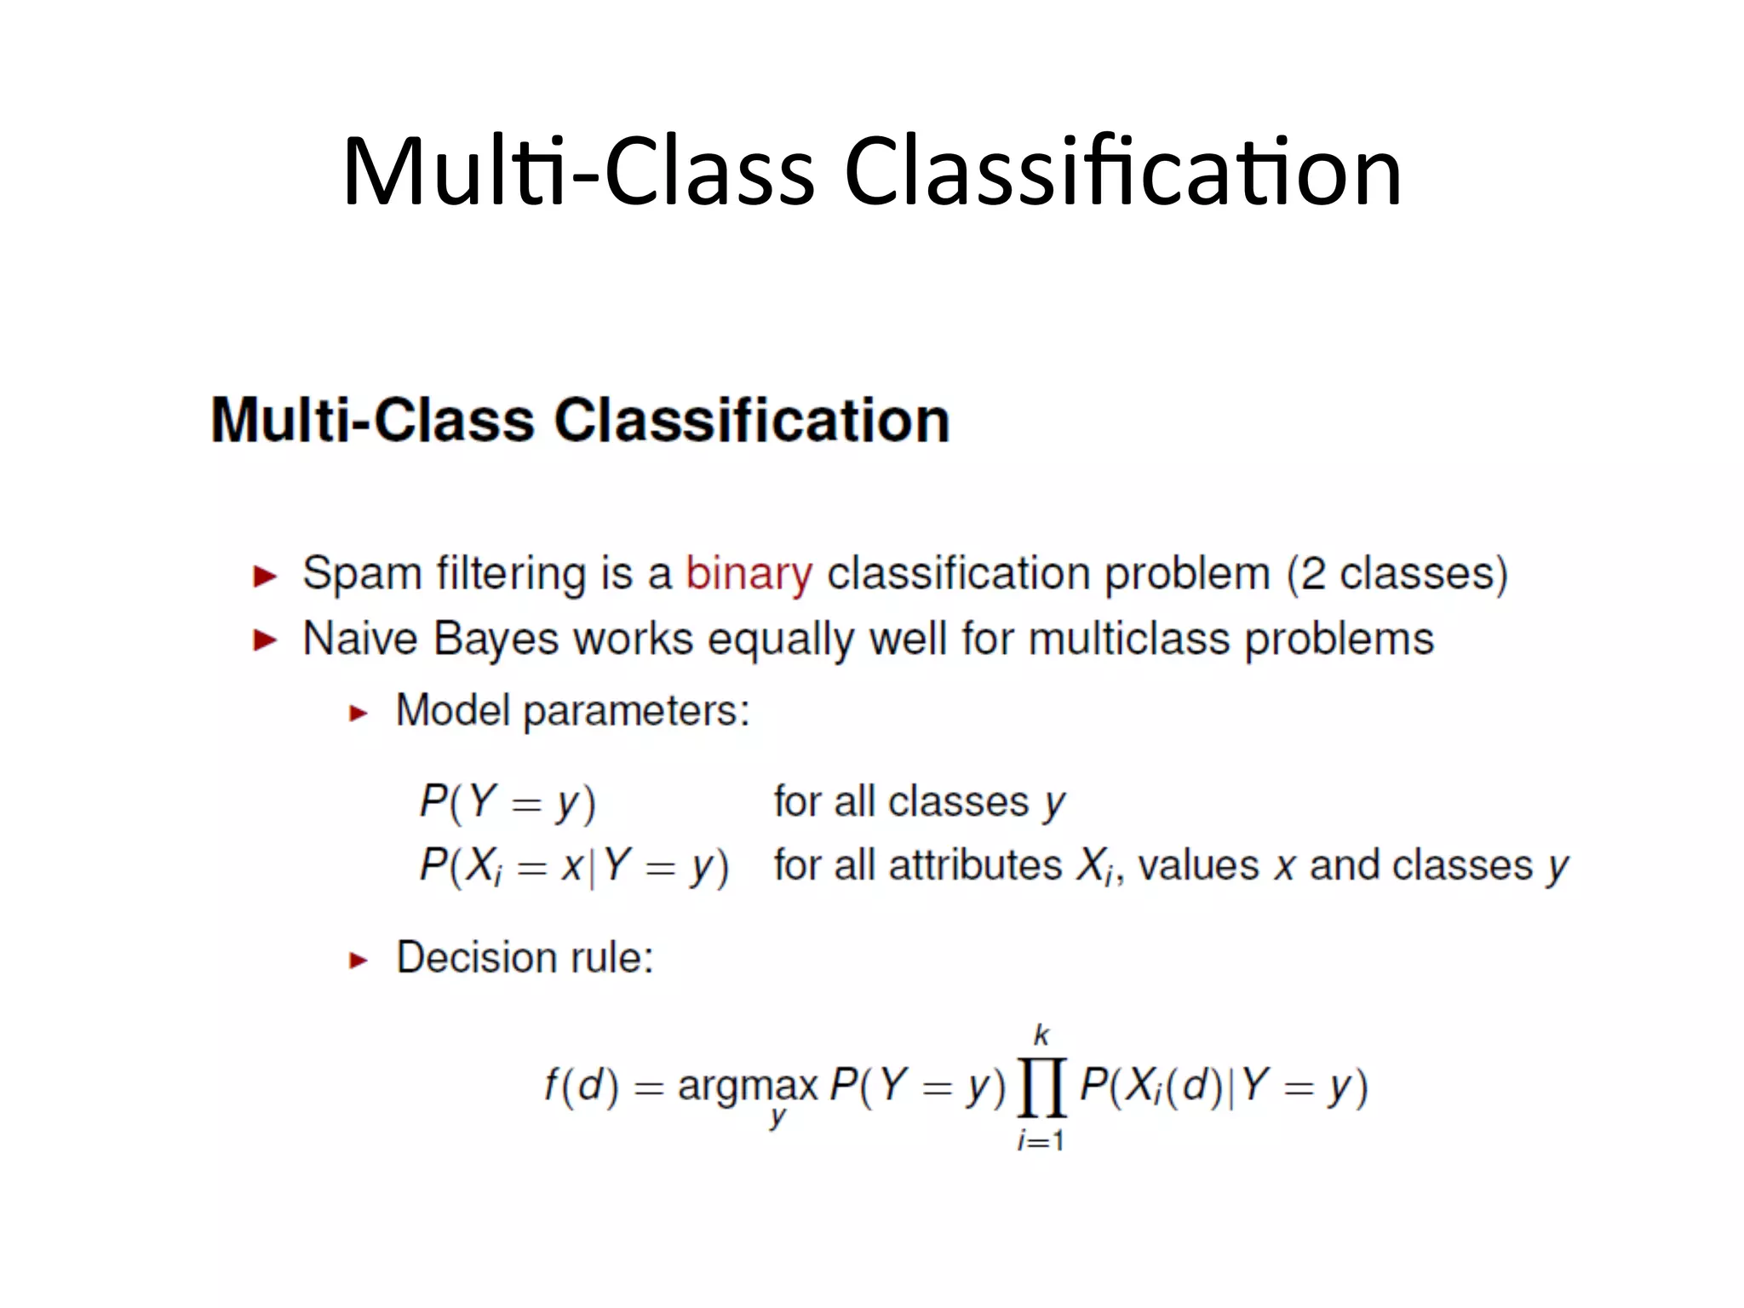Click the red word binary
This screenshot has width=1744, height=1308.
coord(749,573)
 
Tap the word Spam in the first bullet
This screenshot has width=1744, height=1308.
coord(362,573)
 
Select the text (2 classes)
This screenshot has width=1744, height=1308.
coord(1397,573)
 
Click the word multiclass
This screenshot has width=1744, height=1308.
coord(1129,639)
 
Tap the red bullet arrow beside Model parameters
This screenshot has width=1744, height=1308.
coord(359,713)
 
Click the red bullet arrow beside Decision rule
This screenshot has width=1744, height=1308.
coord(359,961)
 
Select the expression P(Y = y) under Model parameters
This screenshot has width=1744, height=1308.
coord(508,802)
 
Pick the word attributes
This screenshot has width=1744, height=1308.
coord(975,865)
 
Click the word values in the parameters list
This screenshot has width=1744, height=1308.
coord(1197,865)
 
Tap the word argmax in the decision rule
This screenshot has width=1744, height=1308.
coord(747,1086)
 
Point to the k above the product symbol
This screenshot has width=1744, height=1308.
coord(1041,1035)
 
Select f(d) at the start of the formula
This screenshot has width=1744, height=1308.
coord(582,1086)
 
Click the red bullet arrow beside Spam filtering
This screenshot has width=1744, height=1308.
coord(266,577)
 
